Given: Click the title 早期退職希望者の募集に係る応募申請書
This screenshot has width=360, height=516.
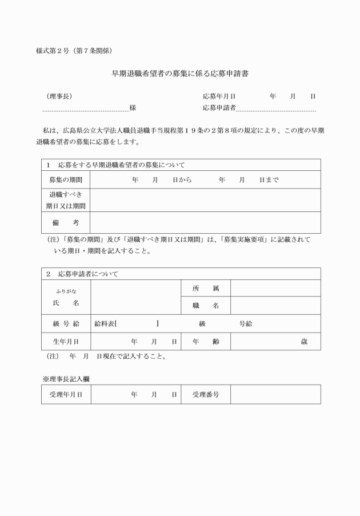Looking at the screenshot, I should click(x=179, y=74).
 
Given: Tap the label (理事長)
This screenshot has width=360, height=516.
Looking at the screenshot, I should click(x=59, y=96).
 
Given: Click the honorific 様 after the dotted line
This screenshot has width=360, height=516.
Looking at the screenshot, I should click(x=133, y=107).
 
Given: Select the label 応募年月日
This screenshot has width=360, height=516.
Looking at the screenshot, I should click(x=219, y=96).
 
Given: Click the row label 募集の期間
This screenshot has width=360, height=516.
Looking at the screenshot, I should click(x=66, y=179).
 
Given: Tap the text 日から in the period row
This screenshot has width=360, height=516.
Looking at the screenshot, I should click(x=182, y=179).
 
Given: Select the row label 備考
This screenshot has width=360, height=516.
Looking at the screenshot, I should click(x=66, y=222).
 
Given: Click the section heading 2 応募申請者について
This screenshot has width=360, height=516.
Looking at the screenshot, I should click(x=82, y=274).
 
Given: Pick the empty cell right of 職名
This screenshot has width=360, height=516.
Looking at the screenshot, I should click(x=275, y=306).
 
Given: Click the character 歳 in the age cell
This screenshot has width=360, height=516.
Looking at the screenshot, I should click(x=304, y=341).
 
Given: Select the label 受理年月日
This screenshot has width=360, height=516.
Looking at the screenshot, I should click(x=66, y=394).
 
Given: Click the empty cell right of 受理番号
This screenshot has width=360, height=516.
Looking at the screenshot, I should click(x=275, y=394).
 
